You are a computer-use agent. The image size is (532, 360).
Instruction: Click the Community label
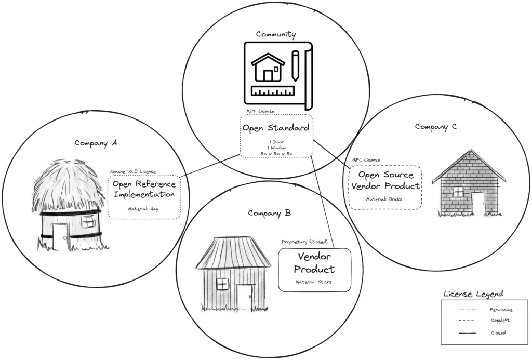[276, 35]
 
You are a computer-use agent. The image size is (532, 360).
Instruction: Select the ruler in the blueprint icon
[272, 92]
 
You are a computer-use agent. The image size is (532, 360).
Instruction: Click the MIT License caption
[260, 111]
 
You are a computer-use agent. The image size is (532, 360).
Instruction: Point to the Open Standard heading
[276, 128]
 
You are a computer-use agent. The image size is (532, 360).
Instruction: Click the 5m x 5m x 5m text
[276, 153]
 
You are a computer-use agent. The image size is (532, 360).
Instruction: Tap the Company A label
[95, 143]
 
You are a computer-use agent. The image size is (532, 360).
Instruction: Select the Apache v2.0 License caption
[132, 171]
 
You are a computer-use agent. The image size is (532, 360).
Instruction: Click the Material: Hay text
[144, 209]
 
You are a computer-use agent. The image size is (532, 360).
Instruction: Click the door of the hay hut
[60, 236]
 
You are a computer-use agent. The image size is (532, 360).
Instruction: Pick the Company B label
[269, 213]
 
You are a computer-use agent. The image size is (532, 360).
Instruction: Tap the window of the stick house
[222, 284]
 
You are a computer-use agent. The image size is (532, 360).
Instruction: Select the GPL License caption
[366, 160]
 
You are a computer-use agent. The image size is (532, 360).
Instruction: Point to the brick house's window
[459, 192]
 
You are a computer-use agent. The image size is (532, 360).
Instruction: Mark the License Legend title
[473, 294]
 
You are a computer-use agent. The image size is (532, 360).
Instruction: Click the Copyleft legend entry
[500, 321]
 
